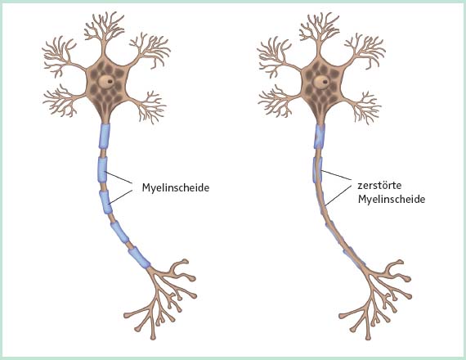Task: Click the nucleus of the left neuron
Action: [106, 81]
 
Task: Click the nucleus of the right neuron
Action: [321, 81]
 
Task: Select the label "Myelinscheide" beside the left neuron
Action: [176, 187]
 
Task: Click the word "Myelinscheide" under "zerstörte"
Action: [392, 200]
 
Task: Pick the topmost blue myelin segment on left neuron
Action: [105, 136]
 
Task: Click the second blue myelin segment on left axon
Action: [102, 169]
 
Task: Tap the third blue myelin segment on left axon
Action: [105, 202]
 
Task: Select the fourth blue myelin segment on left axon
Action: [119, 232]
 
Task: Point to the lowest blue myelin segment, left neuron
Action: [139, 258]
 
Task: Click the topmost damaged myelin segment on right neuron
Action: [320, 137]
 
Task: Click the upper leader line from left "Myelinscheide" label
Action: [119, 177]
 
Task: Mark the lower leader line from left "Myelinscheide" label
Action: [120, 197]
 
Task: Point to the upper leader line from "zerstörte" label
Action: [336, 175]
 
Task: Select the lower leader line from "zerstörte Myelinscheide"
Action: [338, 196]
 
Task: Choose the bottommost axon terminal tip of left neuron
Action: [153, 337]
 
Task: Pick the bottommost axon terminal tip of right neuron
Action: [368, 337]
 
